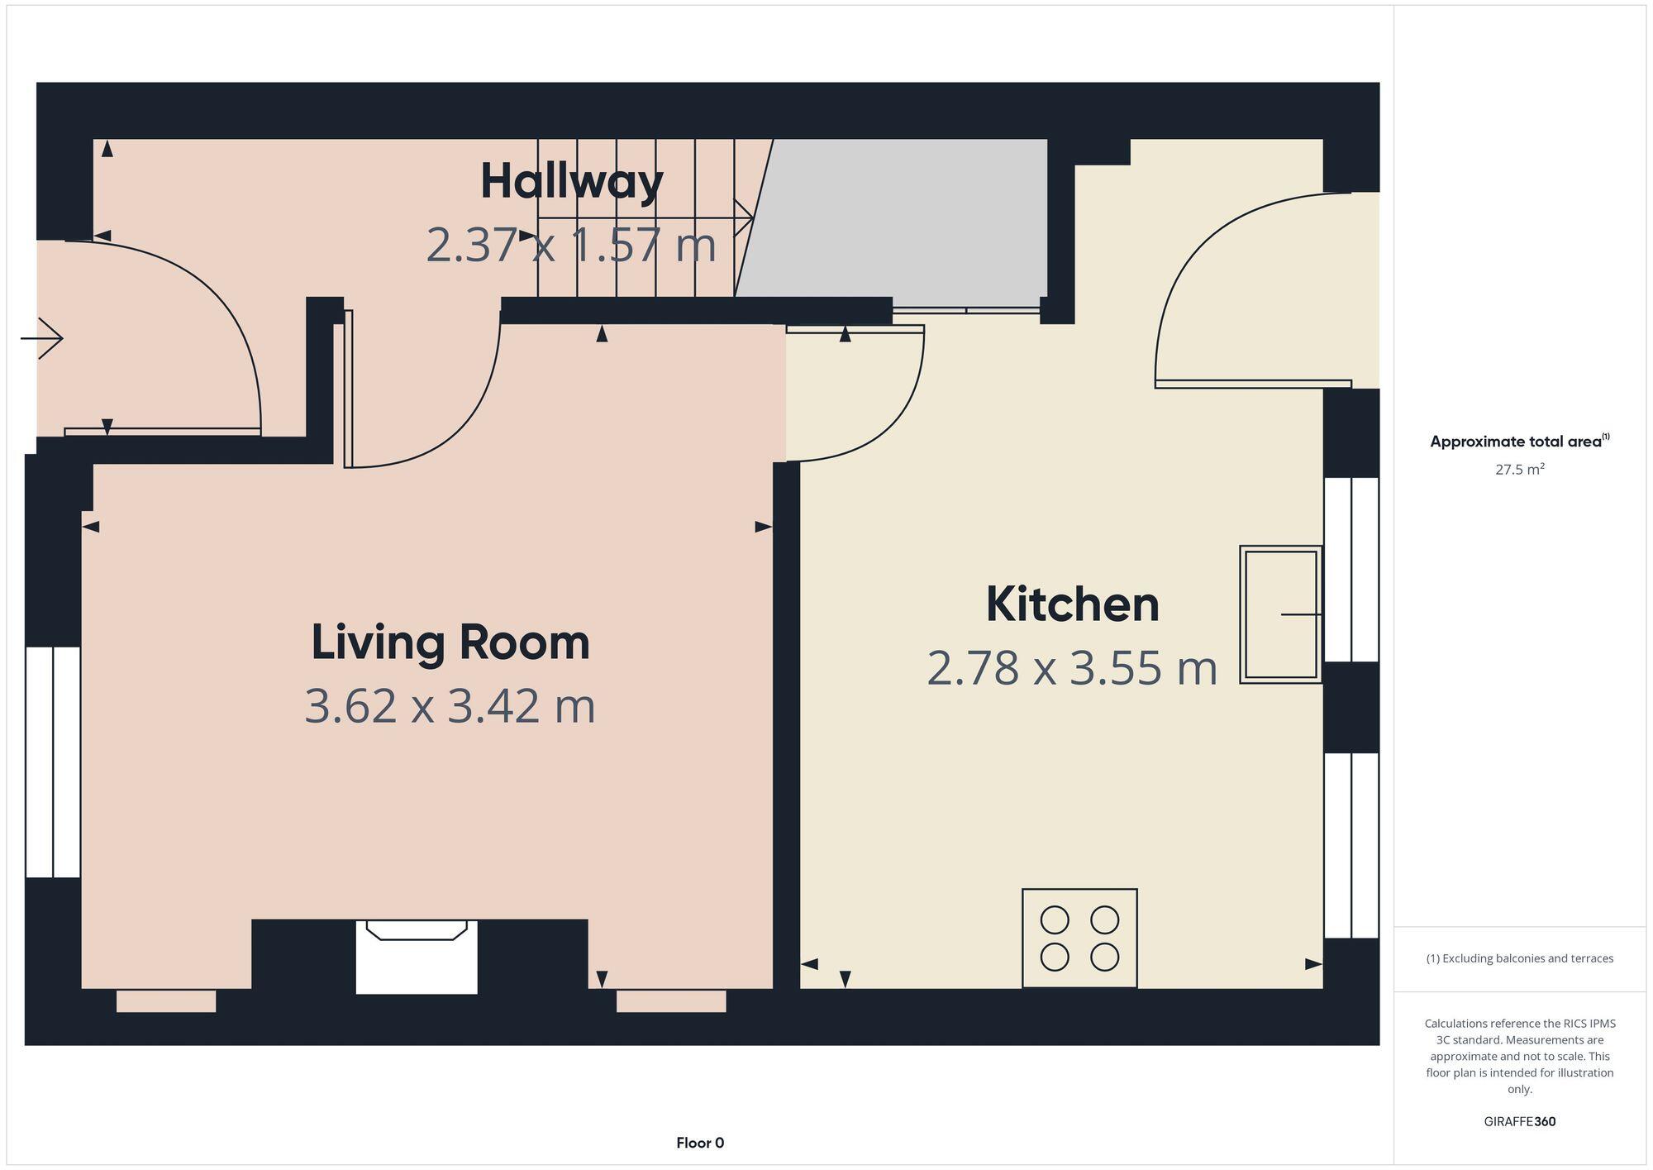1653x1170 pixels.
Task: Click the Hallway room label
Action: (x=571, y=182)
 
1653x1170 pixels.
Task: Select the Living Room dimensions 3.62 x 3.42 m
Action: (x=450, y=707)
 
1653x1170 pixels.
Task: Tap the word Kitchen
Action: (x=1072, y=604)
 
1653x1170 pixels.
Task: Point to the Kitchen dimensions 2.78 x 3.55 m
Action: (x=1072, y=669)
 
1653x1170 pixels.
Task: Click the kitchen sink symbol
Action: (x=1280, y=614)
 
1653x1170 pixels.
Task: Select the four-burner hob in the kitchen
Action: (x=1079, y=938)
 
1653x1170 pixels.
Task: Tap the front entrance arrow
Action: (x=41, y=338)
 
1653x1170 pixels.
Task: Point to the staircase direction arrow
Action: (x=645, y=218)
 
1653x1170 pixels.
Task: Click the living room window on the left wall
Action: (x=53, y=762)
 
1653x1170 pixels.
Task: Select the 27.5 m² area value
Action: (x=1519, y=470)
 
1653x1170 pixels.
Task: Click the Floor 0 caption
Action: (x=700, y=1143)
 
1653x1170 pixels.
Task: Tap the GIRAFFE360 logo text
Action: (x=1519, y=1121)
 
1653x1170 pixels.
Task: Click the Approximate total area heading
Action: (x=1519, y=442)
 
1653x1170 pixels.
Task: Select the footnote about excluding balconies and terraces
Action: (x=1519, y=958)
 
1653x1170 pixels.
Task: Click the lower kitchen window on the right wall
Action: (x=1351, y=844)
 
